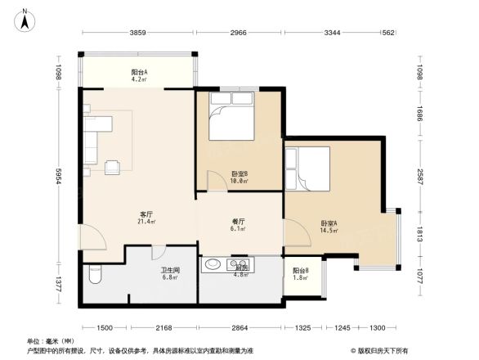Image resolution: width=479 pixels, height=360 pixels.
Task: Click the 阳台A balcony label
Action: pos(139,75)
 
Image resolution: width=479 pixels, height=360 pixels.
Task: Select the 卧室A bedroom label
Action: pos(330,227)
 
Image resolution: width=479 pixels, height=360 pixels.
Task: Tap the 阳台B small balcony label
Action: pos(300,273)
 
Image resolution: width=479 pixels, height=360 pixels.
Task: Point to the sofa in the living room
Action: pos(91,140)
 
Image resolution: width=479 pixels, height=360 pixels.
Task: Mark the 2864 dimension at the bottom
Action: pos(239,327)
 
